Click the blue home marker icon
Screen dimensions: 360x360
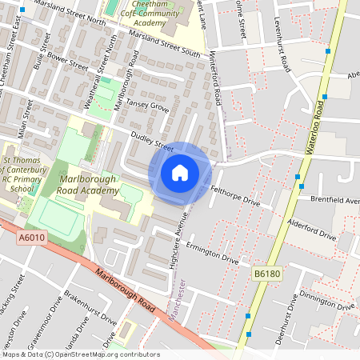click(x=180, y=172)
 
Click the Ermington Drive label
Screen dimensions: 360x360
click(x=211, y=253)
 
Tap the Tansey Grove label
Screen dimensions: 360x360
click(x=148, y=106)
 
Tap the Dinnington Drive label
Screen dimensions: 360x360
click(x=326, y=300)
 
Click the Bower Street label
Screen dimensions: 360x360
click(x=68, y=61)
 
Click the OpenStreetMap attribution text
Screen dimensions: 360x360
click(x=80, y=354)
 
